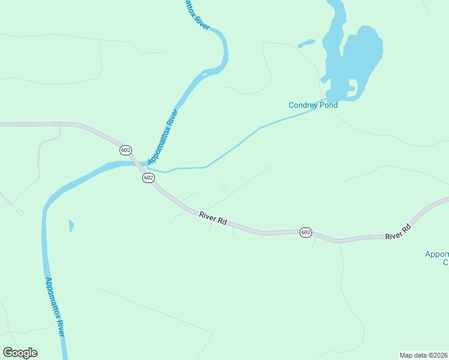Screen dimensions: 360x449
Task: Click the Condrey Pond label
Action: pyautogui.click(x=313, y=105)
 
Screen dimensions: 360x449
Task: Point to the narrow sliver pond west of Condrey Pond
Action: pyautogui.click(x=306, y=43)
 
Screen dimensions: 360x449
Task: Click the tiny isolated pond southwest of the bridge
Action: pyautogui.click(x=71, y=226)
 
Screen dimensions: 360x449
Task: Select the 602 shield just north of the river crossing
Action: pyautogui.click(x=125, y=149)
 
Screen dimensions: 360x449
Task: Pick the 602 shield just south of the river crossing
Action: pyautogui.click(x=148, y=178)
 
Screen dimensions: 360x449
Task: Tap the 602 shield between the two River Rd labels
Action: pyautogui.click(x=306, y=232)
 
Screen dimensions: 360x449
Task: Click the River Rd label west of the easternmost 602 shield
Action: pyautogui.click(x=213, y=218)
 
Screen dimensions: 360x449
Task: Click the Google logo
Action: pyautogui.click(x=20, y=353)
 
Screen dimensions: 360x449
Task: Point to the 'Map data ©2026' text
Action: pyautogui.click(x=423, y=355)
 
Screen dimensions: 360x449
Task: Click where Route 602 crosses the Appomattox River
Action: pyautogui.click(x=139, y=164)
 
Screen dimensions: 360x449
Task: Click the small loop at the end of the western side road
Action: pyautogui.click(x=20, y=212)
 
